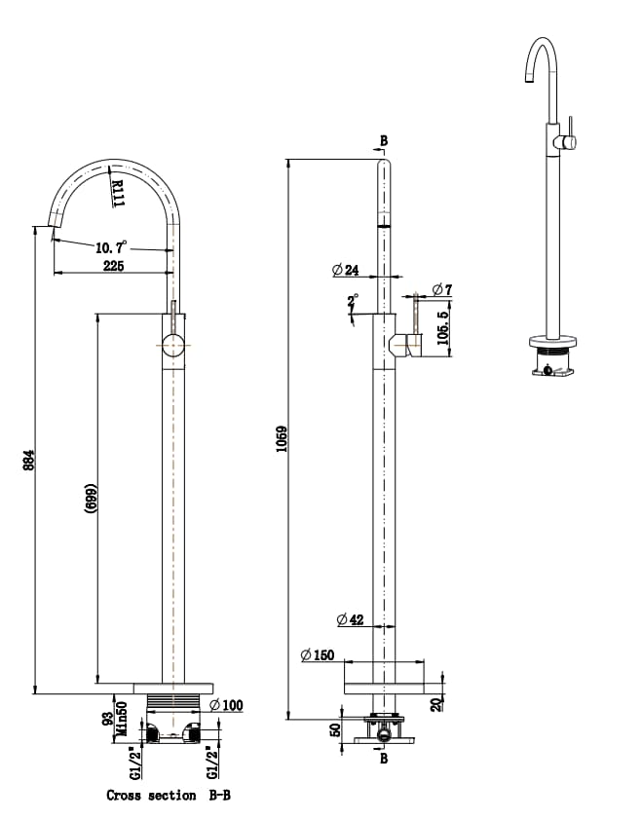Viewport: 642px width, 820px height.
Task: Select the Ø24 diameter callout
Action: (346, 270)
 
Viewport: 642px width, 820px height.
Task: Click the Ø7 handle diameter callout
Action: (439, 289)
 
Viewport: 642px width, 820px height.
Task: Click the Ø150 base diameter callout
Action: (318, 655)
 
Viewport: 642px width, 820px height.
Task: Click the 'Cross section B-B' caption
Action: (169, 796)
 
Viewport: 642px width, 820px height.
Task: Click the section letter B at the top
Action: (383, 141)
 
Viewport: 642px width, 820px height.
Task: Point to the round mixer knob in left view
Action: (172, 346)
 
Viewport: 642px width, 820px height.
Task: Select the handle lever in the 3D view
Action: (572, 130)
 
